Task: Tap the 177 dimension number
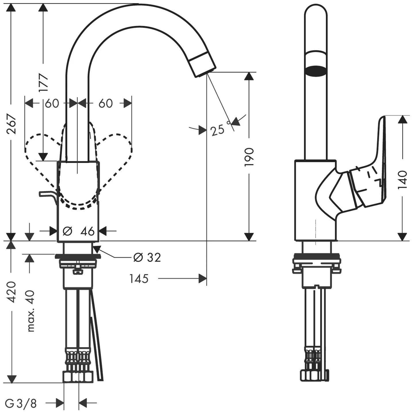(43, 82)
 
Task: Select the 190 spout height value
(249, 157)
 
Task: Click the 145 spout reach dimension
(139, 278)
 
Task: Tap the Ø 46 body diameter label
(78, 231)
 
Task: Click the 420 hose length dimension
(11, 292)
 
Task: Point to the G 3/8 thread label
(21, 403)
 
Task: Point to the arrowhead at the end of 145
(203, 278)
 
